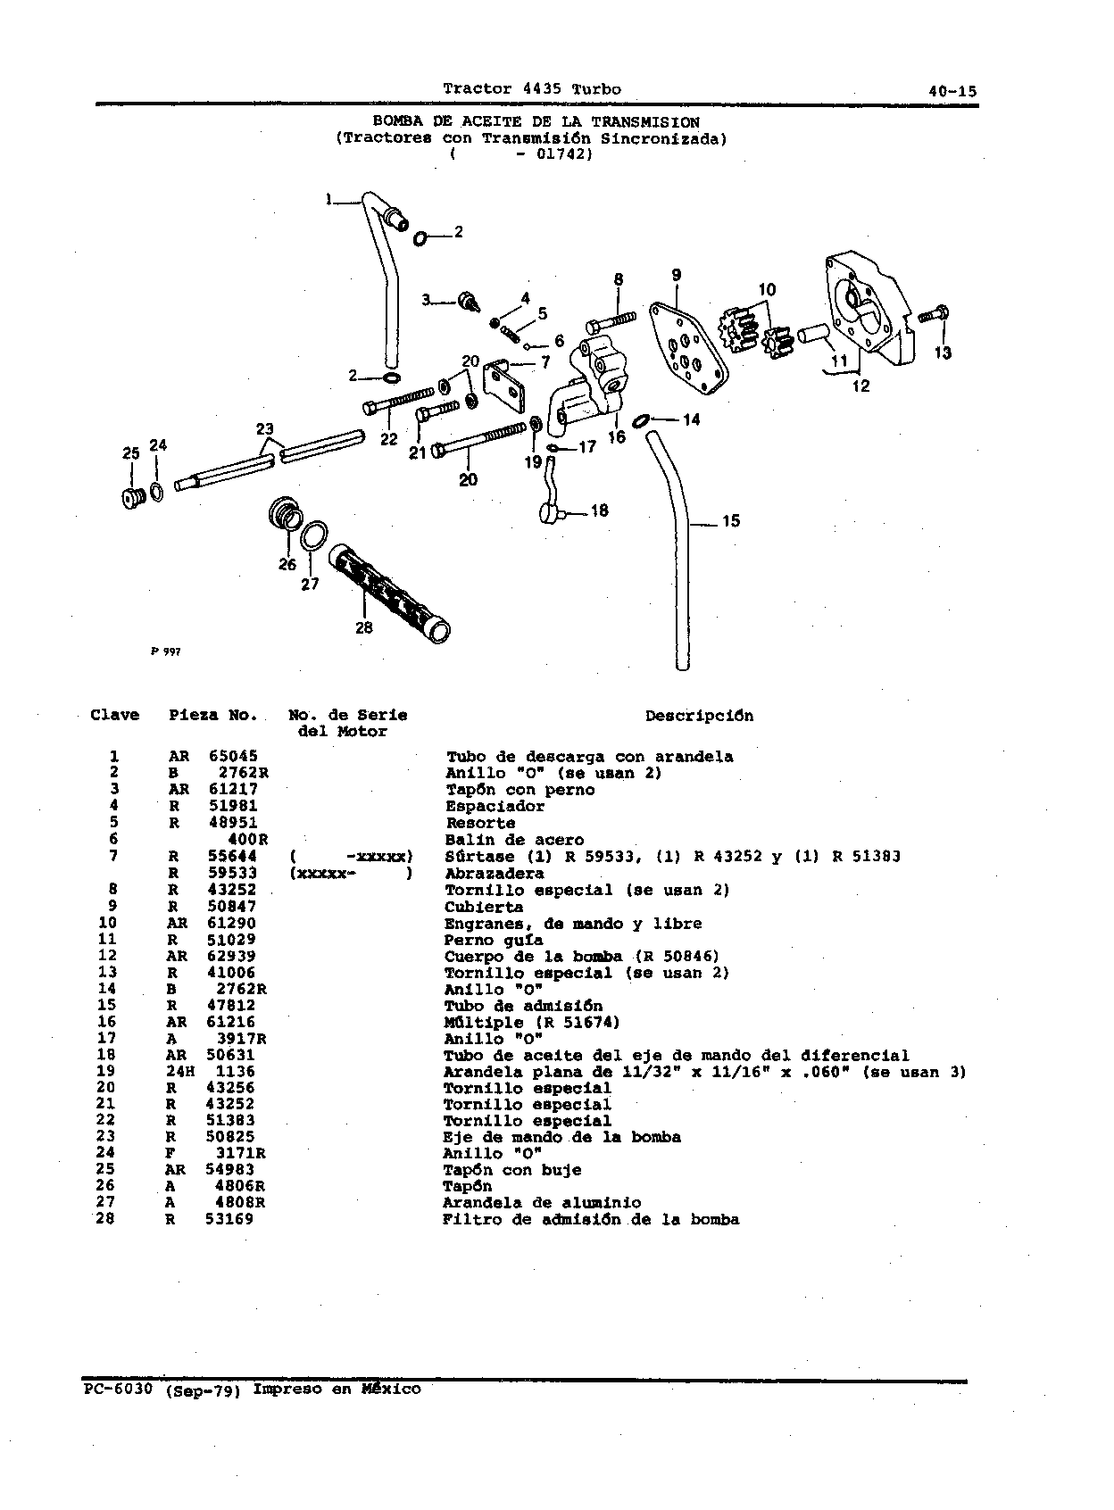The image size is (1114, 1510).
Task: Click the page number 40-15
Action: coord(952,91)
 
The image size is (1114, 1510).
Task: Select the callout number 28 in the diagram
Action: coord(363,627)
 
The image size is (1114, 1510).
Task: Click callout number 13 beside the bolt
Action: coord(943,352)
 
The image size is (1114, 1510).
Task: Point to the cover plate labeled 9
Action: coord(688,347)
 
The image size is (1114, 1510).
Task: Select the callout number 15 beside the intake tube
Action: coord(731,520)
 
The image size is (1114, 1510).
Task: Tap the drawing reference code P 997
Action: coord(165,651)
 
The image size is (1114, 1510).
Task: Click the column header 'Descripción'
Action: coord(699,716)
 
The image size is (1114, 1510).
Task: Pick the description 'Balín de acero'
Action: coord(514,840)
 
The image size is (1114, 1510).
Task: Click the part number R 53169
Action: coord(210,1219)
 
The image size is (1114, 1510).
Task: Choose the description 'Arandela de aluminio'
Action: coord(542,1203)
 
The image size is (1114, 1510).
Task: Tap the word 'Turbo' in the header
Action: coord(596,89)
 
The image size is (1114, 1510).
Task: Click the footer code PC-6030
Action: coord(119,1390)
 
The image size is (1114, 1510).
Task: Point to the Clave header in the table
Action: coord(114,715)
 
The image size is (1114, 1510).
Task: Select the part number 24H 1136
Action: coord(211,1071)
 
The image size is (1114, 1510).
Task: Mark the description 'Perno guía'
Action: coord(494,940)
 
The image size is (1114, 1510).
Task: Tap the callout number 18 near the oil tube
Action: coord(600,510)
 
